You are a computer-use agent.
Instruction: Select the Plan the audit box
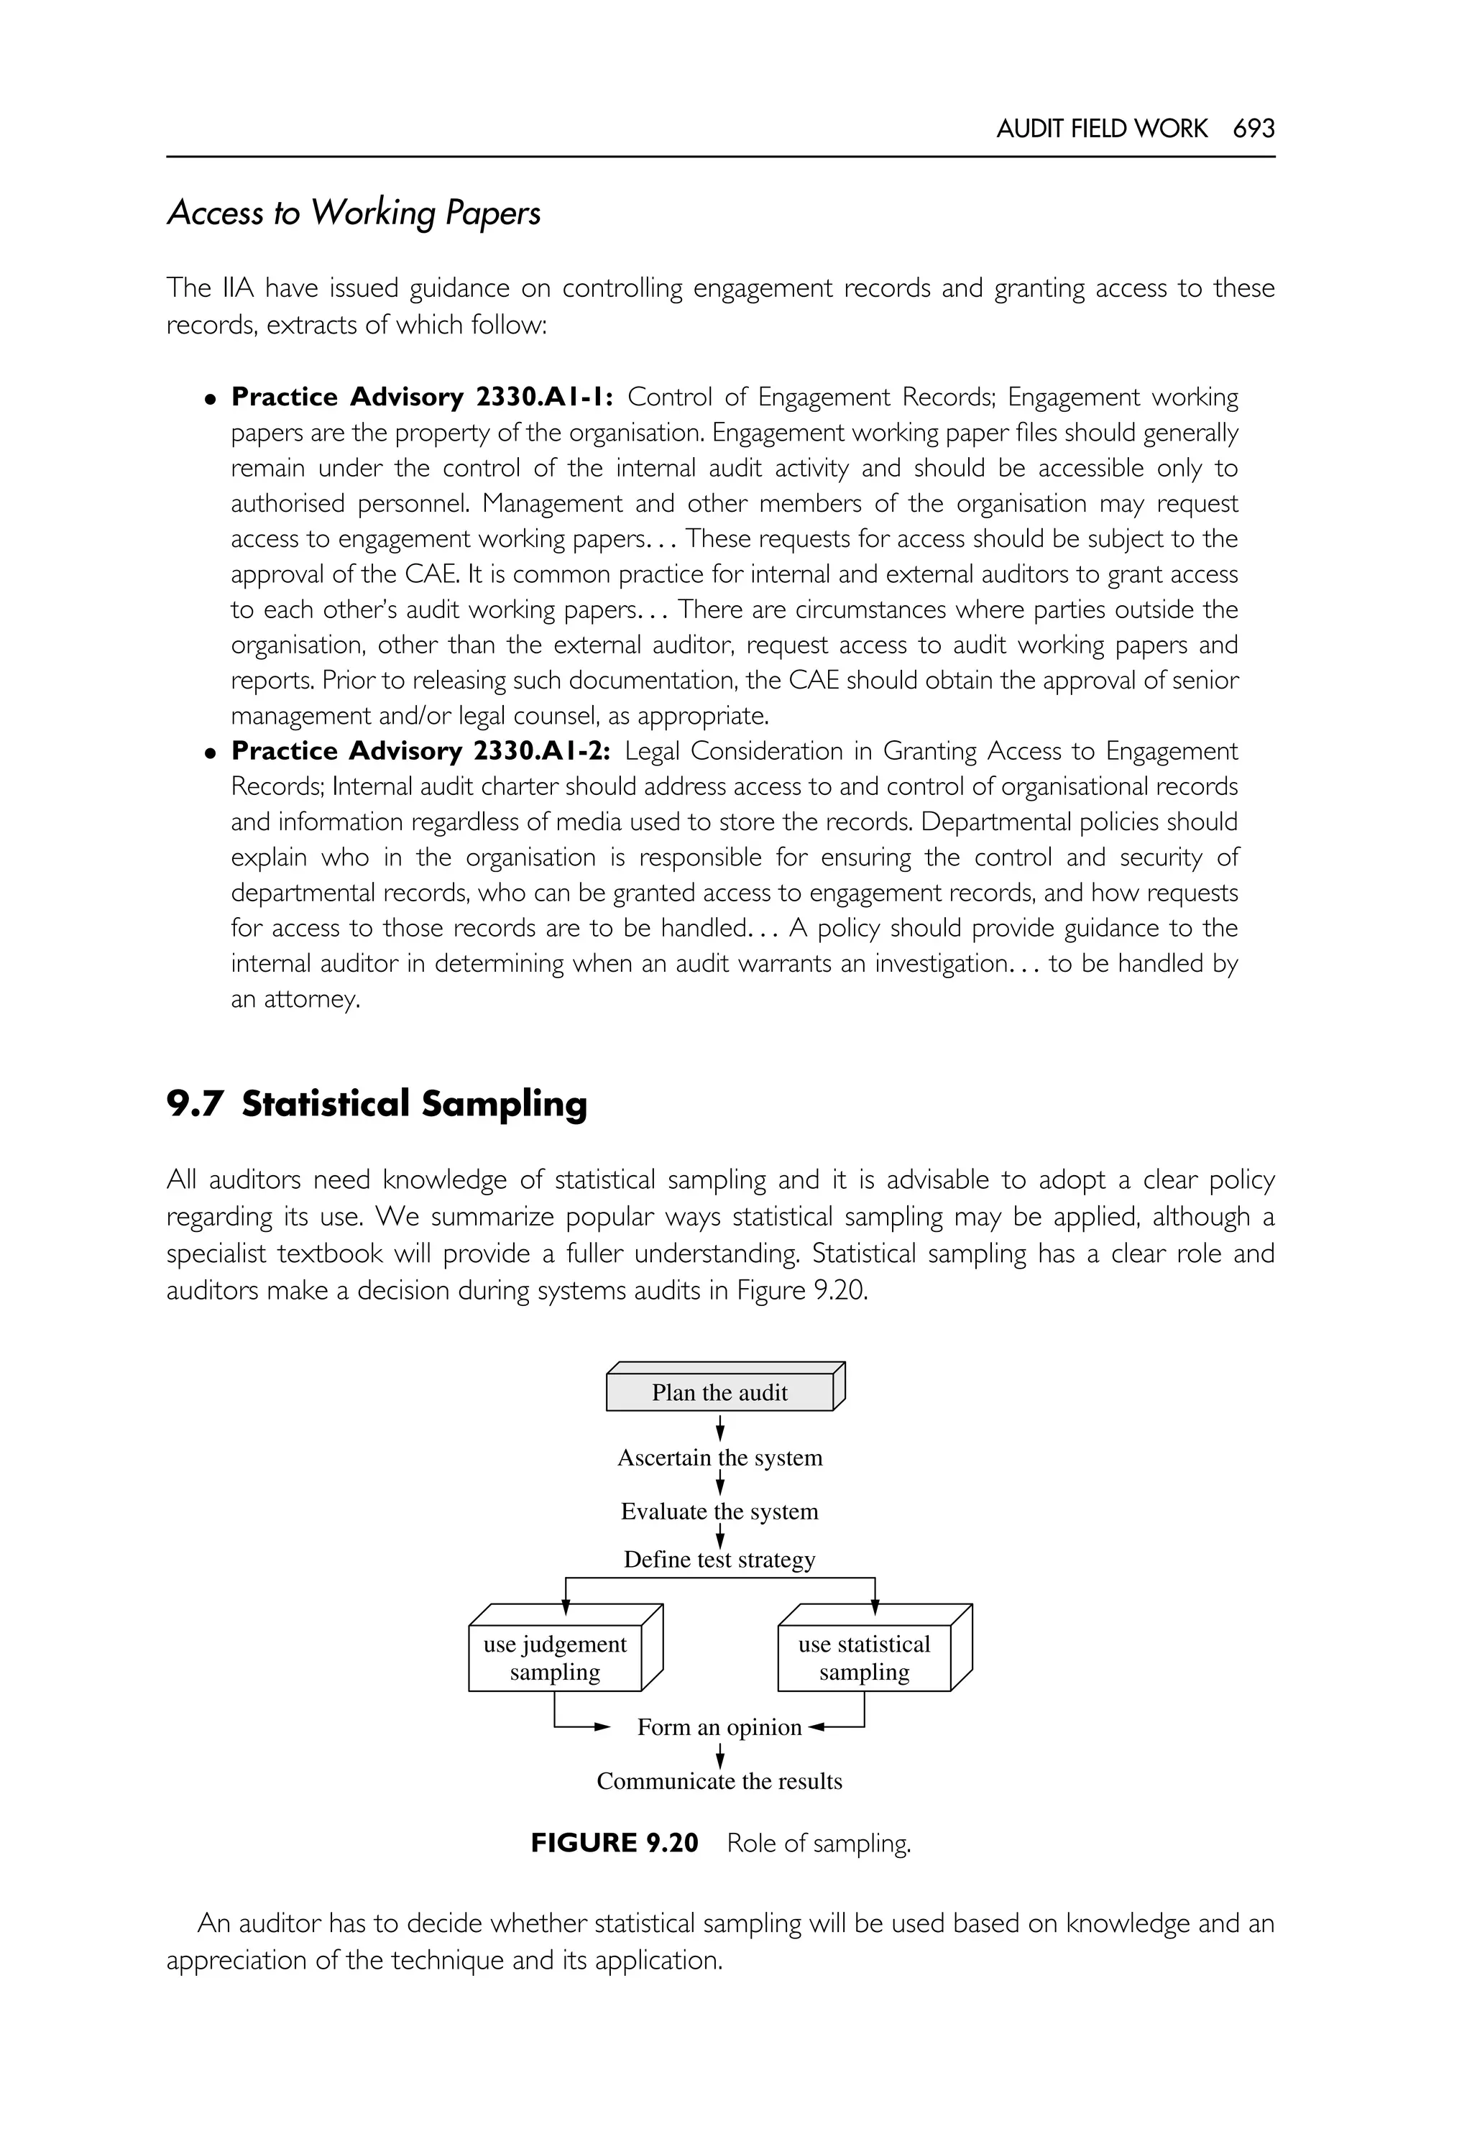720,1393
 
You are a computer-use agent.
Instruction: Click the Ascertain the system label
719,1458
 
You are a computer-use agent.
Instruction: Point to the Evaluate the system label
719,1512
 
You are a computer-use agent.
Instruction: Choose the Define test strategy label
719,1560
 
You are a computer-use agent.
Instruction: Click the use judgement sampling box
555,1658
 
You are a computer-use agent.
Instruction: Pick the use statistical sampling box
864,1658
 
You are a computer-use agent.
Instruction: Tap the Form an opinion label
719,1728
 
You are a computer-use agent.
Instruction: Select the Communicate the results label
719,1781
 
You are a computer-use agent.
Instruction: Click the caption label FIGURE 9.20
615,1844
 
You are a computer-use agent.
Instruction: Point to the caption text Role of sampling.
818,1844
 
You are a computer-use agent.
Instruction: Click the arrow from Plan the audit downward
720,1430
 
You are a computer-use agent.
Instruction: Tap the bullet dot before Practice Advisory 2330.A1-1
211,400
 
